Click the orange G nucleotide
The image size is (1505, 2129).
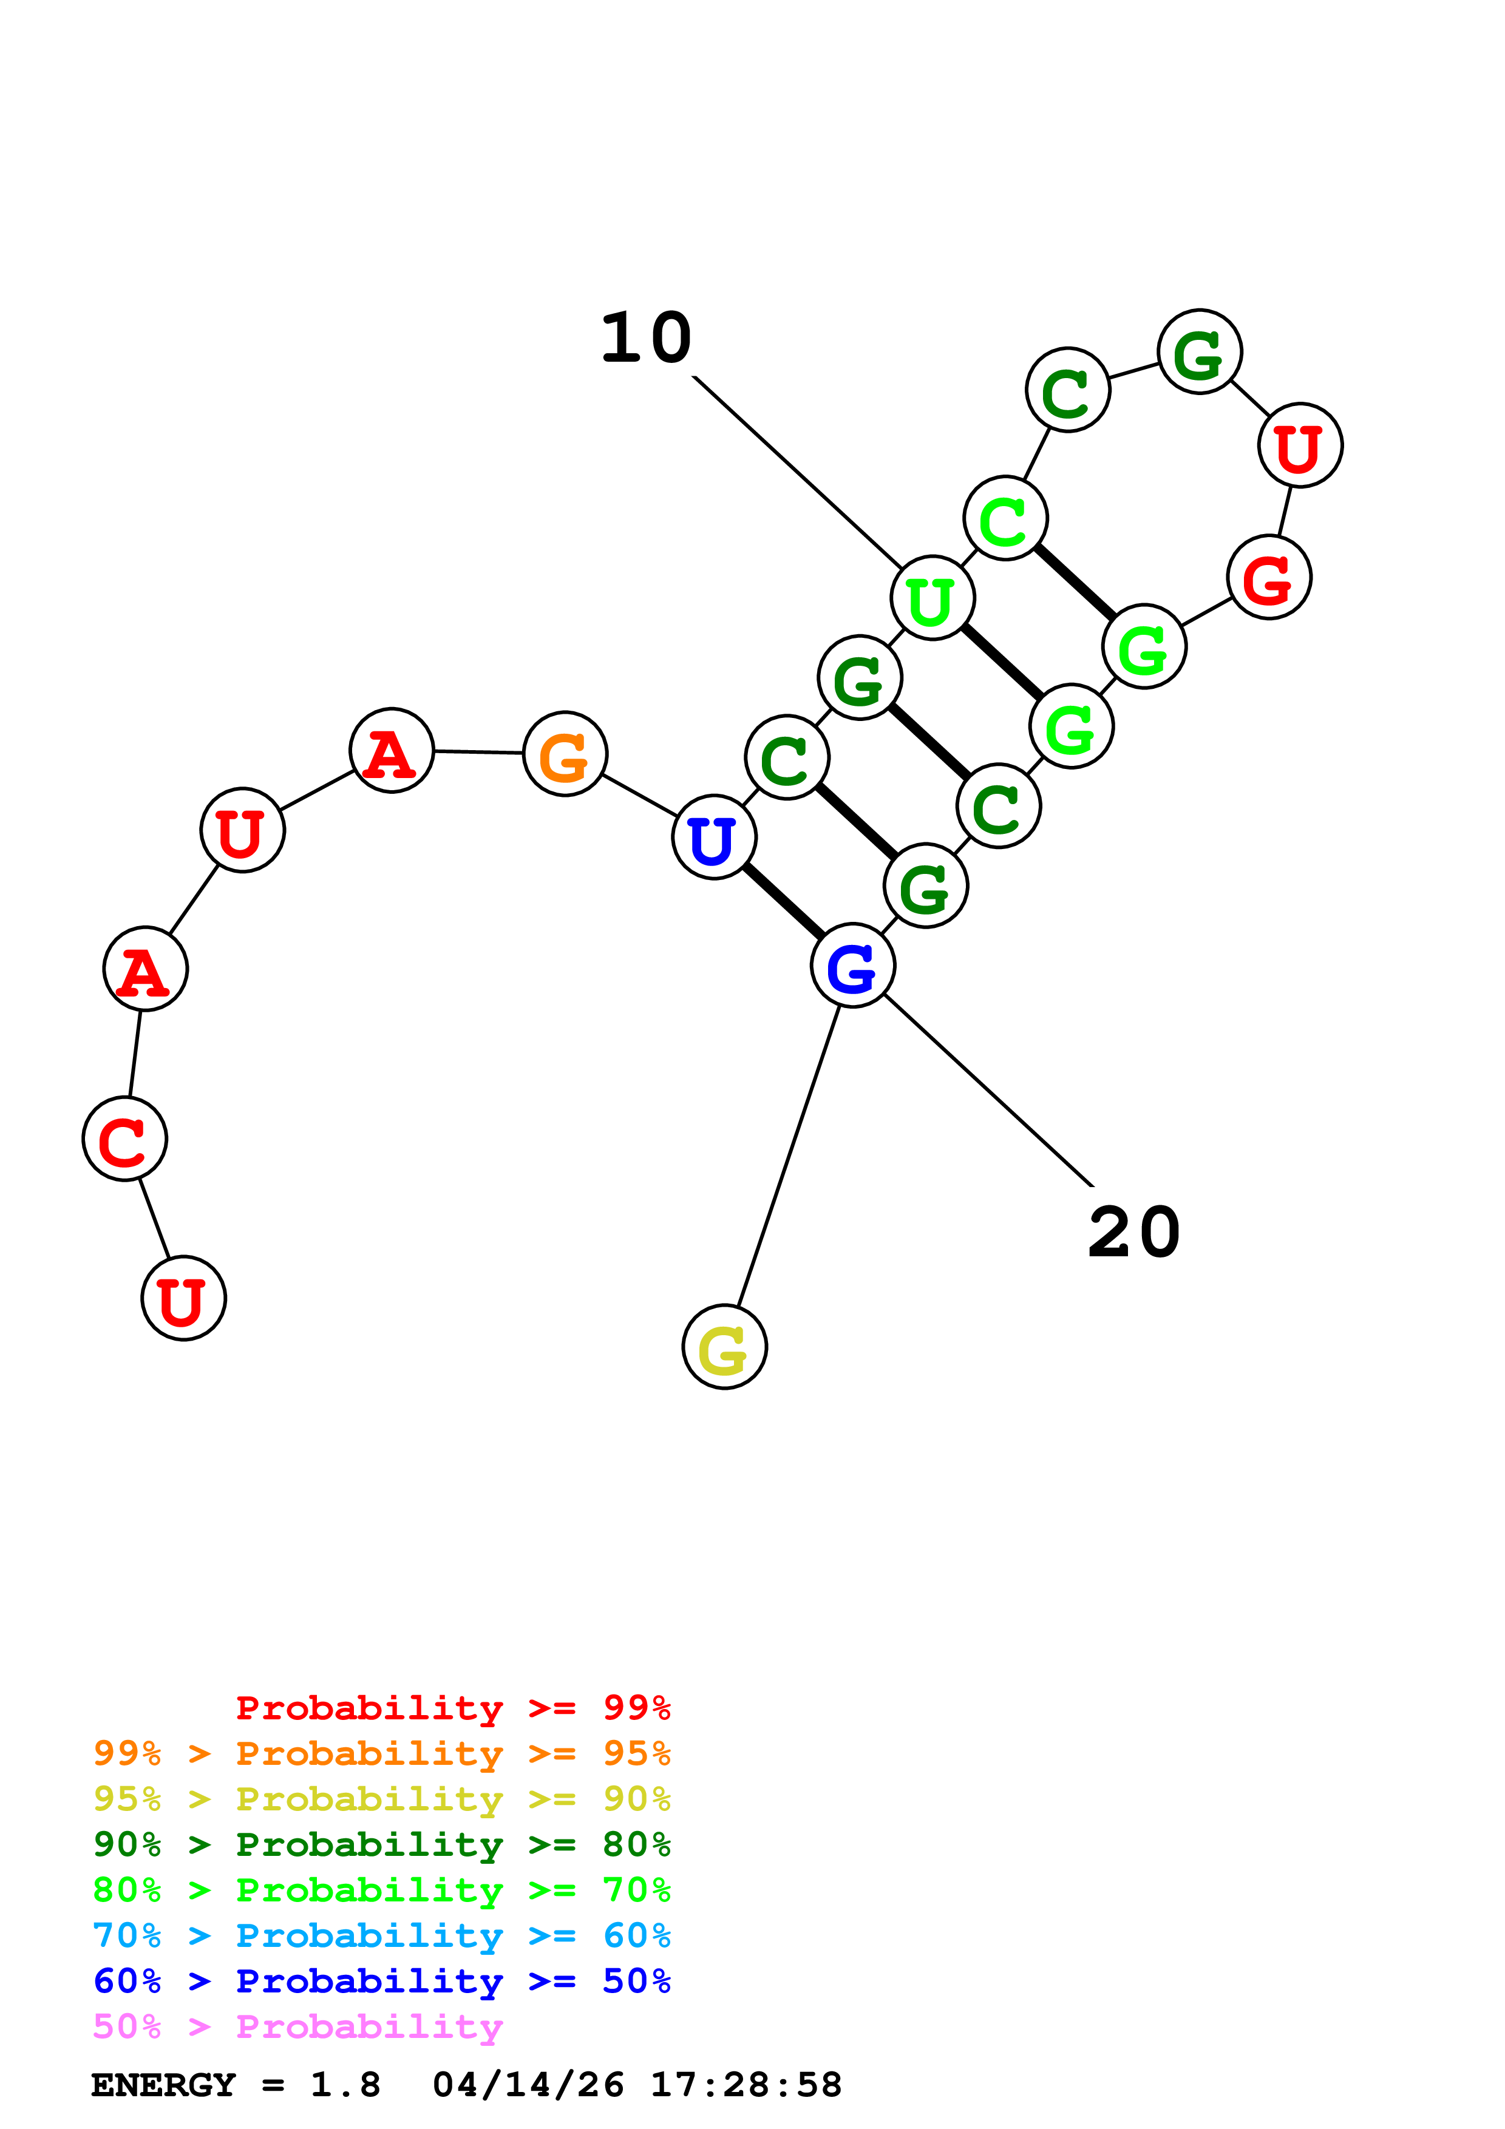(x=565, y=754)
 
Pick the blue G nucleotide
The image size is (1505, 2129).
(x=852, y=966)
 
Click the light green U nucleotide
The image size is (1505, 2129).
(x=932, y=598)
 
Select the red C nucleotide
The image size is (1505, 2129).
(x=125, y=1138)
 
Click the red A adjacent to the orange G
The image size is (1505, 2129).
(x=392, y=750)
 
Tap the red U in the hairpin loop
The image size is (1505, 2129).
(x=1300, y=445)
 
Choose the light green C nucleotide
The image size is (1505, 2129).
(x=1005, y=518)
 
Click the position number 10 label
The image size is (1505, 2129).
(x=647, y=339)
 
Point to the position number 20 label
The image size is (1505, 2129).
(x=1133, y=1233)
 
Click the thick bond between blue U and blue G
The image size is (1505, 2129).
(x=784, y=901)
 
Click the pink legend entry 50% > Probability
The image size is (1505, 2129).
(x=297, y=2026)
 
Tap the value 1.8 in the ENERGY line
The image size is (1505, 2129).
(x=345, y=2085)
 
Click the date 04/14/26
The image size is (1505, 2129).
(x=528, y=2085)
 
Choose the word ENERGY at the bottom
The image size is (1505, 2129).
(x=163, y=2085)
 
